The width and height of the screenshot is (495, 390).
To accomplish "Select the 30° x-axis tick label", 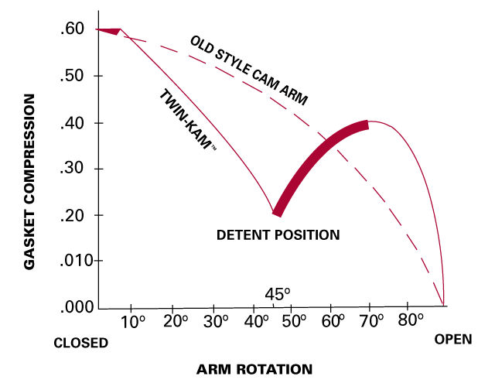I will coord(216,320).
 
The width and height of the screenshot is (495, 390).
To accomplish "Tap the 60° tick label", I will coord(337,320).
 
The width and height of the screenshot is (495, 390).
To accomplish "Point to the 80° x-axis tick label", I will coord(410,320).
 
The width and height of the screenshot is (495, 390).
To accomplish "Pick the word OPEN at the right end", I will coord(452,339).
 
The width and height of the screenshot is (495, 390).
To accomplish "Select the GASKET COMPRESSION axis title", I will coord(30,183).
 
